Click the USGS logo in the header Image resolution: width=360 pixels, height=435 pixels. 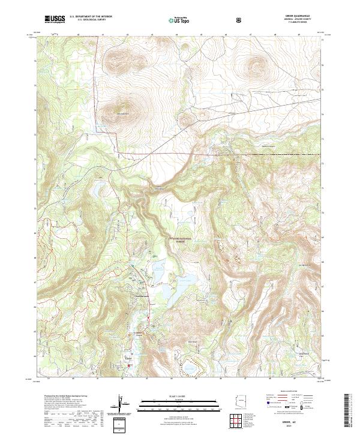coord(55,20)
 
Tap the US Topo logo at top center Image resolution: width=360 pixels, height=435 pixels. coord(181,20)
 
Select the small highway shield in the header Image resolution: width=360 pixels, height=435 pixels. coord(239,20)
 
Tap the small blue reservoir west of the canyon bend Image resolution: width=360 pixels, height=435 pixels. coord(96,192)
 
